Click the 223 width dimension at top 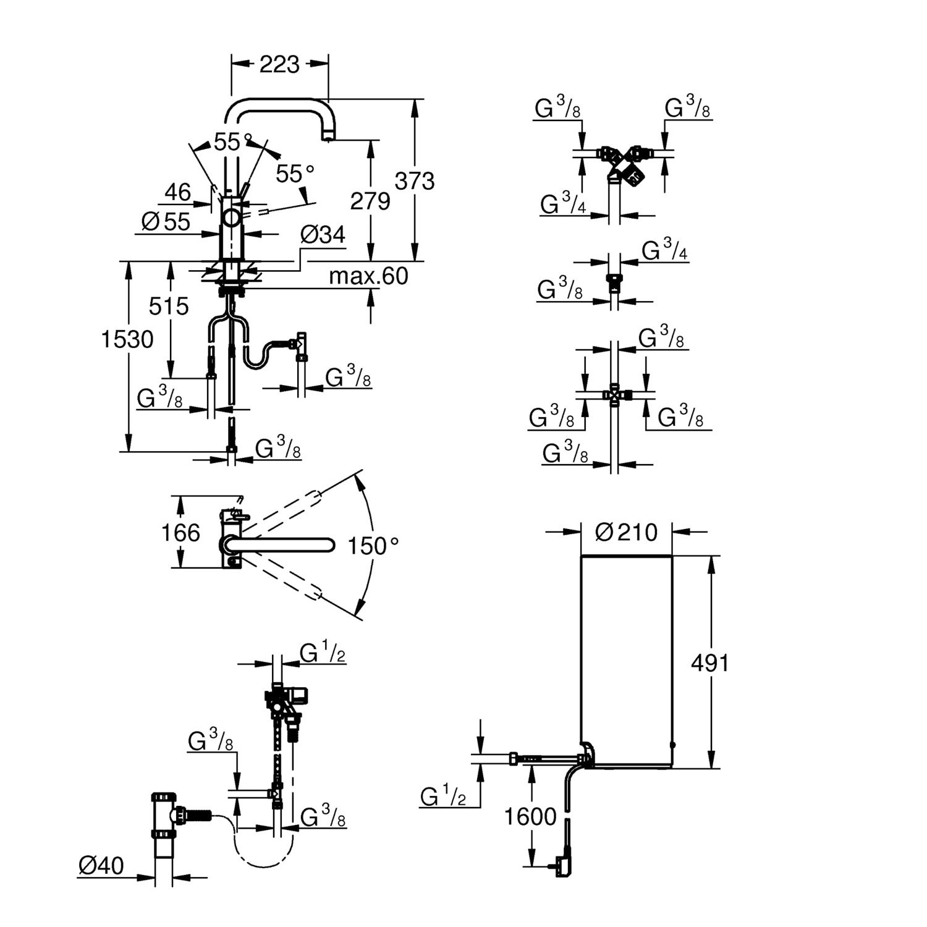pyautogui.click(x=279, y=64)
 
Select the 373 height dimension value pyautogui.click(x=415, y=181)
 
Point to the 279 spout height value pyautogui.click(x=370, y=201)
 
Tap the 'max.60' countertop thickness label pyautogui.click(x=368, y=276)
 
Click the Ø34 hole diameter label pyautogui.click(x=323, y=235)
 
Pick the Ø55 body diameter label pyautogui.click(x=166, y=221)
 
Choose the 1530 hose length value pyautogui.click(x=127, y=339)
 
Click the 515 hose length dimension pyautogui.click(x=169, y=306)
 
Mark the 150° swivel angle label pyautogui.click(x=373, y=546)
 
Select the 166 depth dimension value pyautogui.click(x=180, y=532)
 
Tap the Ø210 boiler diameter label pyautogui.click(x=626, y=532)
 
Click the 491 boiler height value pyautogui.click(x=710, y=663)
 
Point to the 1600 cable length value pyautogui.click(x=530, y=816)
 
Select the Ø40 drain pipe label pyautogui.click(x=101, y=866)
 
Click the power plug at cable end pyautogui.click(x=562, y=865)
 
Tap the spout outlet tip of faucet pyautogui.click(x=328, y=137)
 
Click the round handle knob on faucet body pyautogui.click(x=232, y=218)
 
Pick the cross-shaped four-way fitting pyautogui.click(x=614, y=394)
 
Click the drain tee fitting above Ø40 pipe pyautogui.click(x=164, y=816)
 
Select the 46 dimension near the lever pyautogui.click(x=177, y=192)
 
